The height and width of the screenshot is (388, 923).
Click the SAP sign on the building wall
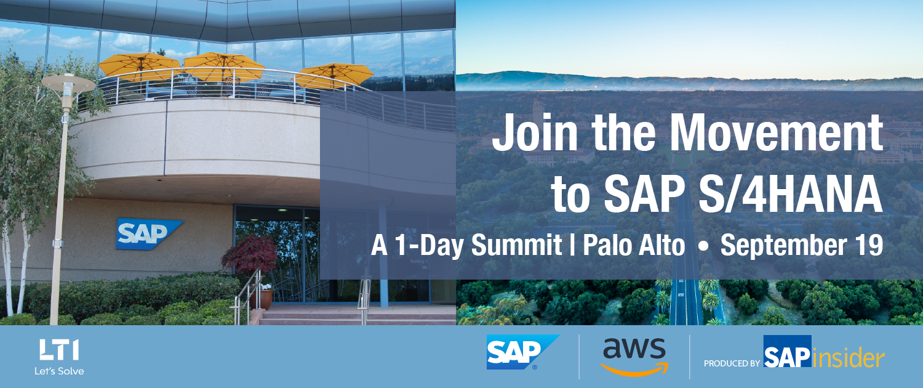149,234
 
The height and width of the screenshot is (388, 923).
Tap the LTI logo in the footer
59,350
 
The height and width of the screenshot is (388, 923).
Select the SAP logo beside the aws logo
522,352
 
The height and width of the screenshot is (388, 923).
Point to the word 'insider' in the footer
849,357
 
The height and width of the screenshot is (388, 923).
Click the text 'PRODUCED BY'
732,363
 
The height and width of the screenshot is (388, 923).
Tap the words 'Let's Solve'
59,371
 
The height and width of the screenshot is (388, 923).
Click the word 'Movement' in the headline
776,133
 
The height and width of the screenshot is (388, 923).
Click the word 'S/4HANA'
791,194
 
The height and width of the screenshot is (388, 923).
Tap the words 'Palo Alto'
634,245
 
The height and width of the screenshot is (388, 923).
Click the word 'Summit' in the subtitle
517,245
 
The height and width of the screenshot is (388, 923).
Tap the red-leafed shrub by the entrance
250,255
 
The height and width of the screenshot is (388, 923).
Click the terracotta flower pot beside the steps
265,299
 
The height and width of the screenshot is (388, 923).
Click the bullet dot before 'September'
703,246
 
